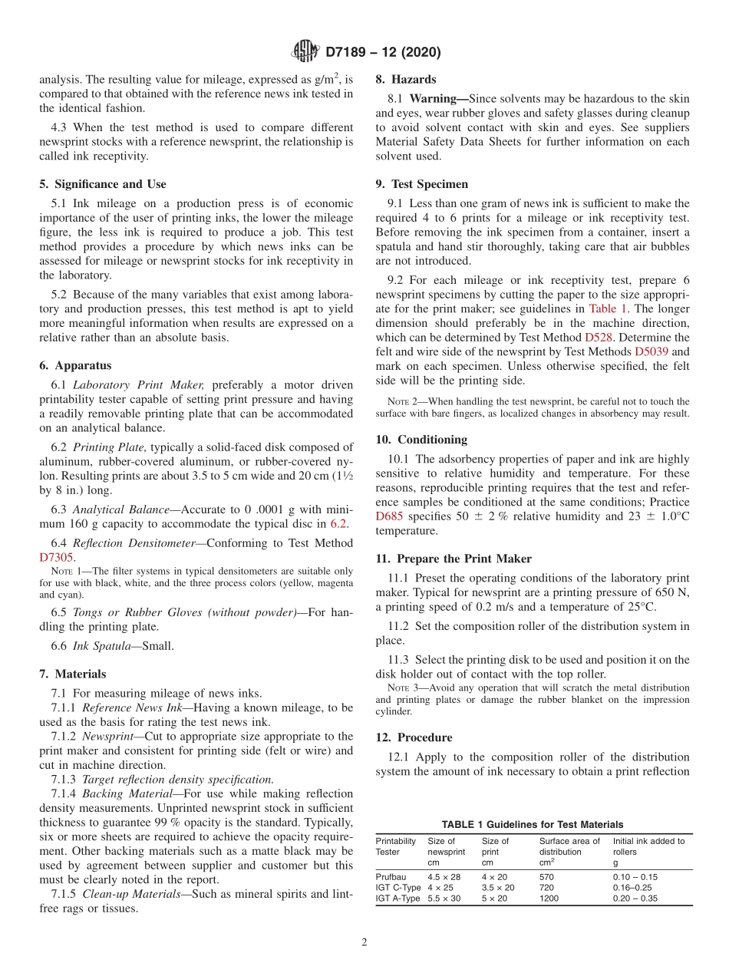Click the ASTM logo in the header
coord(305,53)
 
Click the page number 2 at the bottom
coord(364,942)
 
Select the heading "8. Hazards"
coord(406,79)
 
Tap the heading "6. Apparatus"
coord(75,366)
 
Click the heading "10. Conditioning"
coord(421,440)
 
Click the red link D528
coord(598,337)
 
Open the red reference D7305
coord(56,558)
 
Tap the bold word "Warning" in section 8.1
coord(434,98)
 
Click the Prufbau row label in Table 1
coord(391,876)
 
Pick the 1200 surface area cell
coord(550,898)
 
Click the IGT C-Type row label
coord(398,887)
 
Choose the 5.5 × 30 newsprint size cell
coord(444,898)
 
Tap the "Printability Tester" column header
coord(396,846)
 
